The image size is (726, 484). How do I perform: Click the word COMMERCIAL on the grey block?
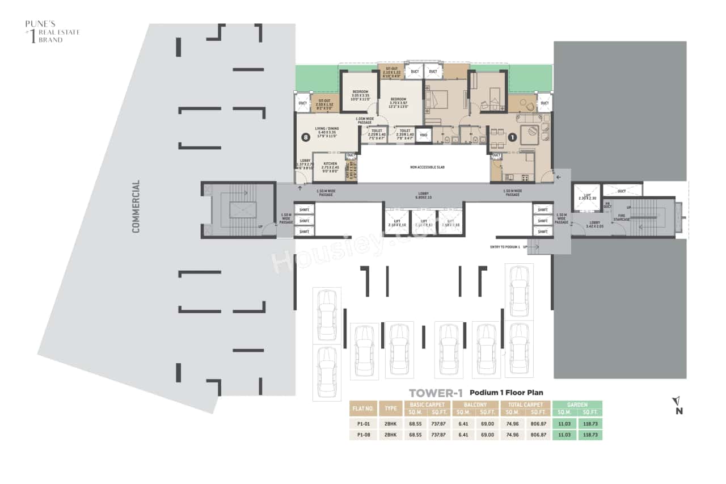tap(136, 207)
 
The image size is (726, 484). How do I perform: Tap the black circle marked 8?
tap(306, 137)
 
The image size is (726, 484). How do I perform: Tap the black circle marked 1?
tap(512, 137)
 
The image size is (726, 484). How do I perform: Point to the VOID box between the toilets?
tap(423, 135)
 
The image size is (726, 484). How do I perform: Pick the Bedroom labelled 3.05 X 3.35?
tap(361, 95)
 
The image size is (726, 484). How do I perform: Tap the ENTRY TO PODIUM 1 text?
tap(505, 247)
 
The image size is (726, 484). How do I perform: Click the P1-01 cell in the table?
tap(364, 423)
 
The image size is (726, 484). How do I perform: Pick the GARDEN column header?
tap(577, 405)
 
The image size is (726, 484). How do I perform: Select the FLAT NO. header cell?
tap(364, 408)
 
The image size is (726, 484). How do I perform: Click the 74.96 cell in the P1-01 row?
tap(513, 423)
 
